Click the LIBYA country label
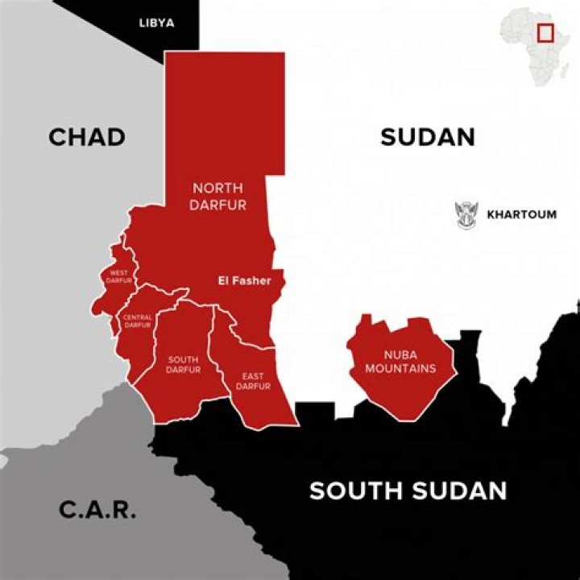(x=156, y=23)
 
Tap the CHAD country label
(x=87, y=137)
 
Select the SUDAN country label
(x=427, y=137)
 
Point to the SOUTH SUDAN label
(x=408, y=491)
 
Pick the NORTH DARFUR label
(x=217, y=197)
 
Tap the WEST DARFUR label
(x=119, y=276)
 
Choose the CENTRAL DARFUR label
(x=137, y=321)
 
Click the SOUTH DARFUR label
(x=183, y=364)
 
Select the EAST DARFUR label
(x=253, y=381)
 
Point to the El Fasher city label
(x=245, y=281)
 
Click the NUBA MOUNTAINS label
(x=400, y=362)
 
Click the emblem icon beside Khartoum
(x=466, y=215)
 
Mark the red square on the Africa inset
(x=545, y=33)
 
